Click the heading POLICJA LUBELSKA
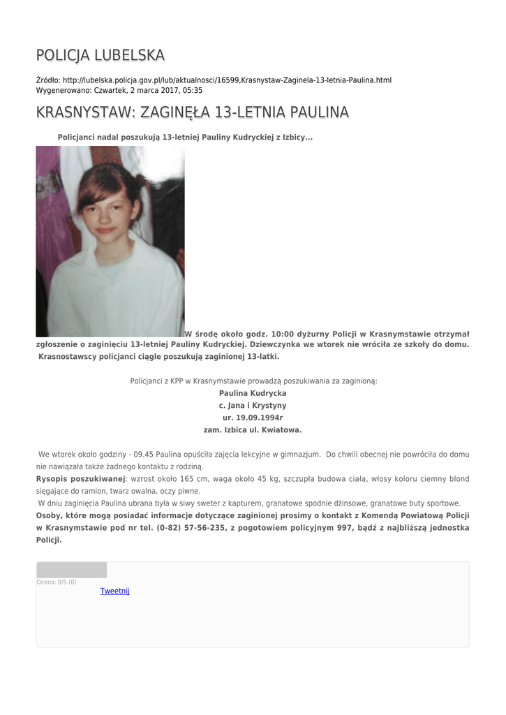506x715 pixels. pyautogui.click(x=101, y=55)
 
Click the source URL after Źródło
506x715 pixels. pyautogui.click(x=227, y=80)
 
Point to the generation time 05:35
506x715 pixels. pyautogui.click(x=193, y=91)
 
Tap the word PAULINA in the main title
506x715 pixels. pyautogui.click(x=319, y=112)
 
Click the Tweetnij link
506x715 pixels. pyautogui.click(x=114, y=591)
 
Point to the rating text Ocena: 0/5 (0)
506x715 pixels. pyautogui.click(x=56, y=582)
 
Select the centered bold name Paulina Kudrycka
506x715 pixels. pyautogui.click(x=252, y=393)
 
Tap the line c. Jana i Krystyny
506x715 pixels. pyautogui.click(x=252, y=406)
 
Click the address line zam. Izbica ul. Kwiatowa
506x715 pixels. pyautogui.click(x=252, y=430)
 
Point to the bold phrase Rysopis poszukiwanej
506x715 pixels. pyautogui.click(x=80, y=479)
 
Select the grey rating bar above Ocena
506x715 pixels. pyautogui.click(x=71, y=570)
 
